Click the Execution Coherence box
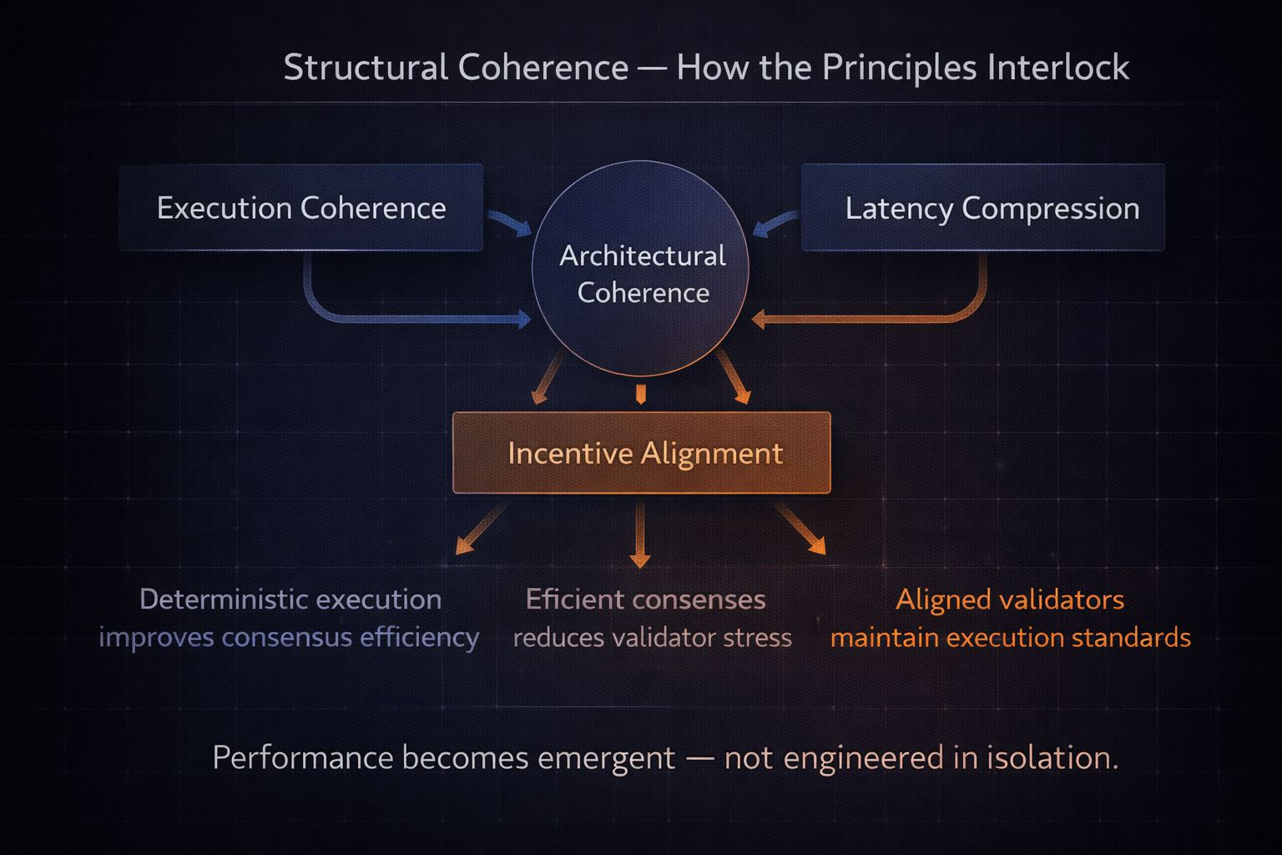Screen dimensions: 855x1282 coord(300,208)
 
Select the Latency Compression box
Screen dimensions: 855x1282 coord(982,208)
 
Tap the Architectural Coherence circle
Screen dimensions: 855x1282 coord(641,269)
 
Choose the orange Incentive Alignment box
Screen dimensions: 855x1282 coord(641,453)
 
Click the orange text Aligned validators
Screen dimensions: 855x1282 coord(1010,600)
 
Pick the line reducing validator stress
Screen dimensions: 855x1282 coord(652,638)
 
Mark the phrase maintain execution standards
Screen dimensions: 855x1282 coord(1010,638)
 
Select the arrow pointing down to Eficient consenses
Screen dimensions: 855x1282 coord(640,534)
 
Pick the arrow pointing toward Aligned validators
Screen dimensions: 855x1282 coord(800,529)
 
